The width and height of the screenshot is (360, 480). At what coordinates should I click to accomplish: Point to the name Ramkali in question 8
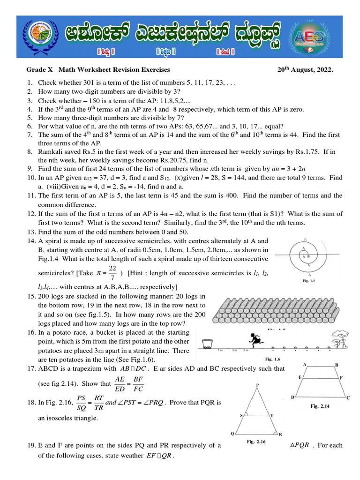coord(50,152)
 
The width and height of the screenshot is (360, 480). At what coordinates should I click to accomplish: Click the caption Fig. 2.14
coord(321,406)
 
